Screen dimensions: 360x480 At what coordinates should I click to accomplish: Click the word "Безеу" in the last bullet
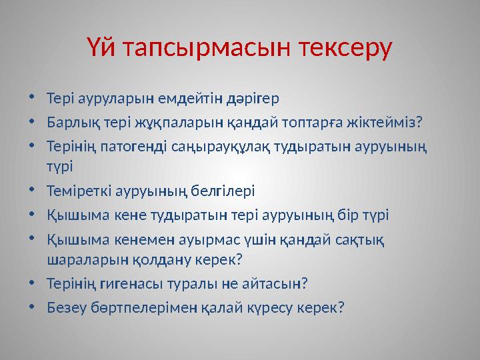point(65,307)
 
